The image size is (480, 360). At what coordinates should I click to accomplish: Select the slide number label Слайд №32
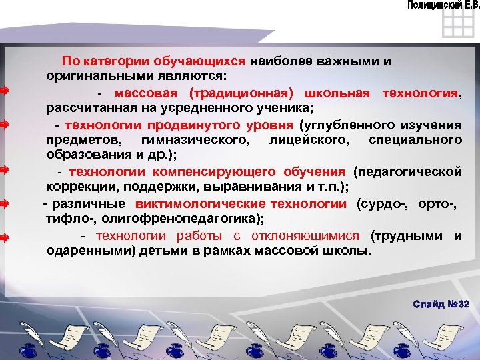coord(441,304)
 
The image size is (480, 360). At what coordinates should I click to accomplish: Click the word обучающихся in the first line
coord(209,61)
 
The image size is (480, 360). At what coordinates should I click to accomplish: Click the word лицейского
coord(305,139)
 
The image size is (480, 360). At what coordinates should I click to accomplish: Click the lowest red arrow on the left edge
coord(3,237)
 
